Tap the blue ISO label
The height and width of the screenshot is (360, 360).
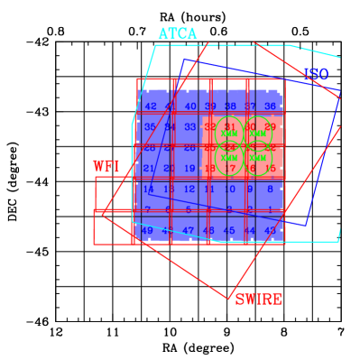tap(316, 74)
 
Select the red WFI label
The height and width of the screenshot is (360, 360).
tap(106, 167)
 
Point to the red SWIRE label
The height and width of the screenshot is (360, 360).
tap(258, 299)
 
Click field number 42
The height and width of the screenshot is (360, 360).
tap(150, 106)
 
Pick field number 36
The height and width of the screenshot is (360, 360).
tap(270, 106)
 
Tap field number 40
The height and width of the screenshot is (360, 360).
tap(189, 106)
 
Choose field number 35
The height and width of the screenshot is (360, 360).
tap(150, 127)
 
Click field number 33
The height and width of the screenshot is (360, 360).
tap(189, 127)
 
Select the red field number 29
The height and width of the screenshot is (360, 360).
tap(270, 127)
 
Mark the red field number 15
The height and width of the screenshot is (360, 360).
tap(270, 168)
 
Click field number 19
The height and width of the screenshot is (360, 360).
tap(189, 168)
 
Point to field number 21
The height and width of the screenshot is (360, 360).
tap(149, 168)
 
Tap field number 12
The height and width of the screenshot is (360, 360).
tap(189, 189)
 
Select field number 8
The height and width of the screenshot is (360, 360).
tap(270, 189)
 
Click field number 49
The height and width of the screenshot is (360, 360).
tap(148, 231)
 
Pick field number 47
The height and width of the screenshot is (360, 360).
tap(189, 231)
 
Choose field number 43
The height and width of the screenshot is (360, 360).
tap(270, 231)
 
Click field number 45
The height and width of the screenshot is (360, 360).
tap(229, 231)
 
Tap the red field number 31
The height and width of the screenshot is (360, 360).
tap(229, 126)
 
